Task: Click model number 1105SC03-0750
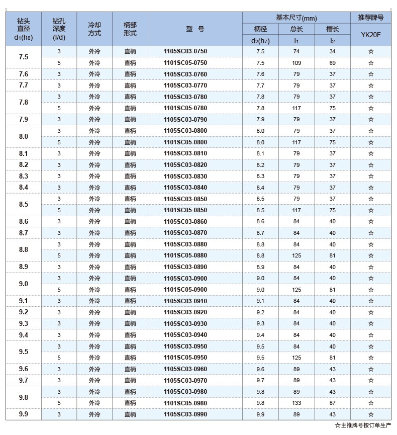[185, 51]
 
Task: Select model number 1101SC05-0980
[185, 403]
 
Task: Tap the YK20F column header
[370, 35]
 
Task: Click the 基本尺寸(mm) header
[296, 18]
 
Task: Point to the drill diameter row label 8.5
[24, 205]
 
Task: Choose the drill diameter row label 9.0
[24, 284]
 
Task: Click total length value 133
[296, 403]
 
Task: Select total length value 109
[296, 63]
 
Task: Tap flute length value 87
[332, 403]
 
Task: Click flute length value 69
[332, 63]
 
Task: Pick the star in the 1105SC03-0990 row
[370, 414]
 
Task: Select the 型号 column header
[195, 29]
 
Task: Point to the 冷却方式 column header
[94, 29]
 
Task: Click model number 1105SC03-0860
[185, 221]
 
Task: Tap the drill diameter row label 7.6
[24, 74]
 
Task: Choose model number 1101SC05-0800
[185, 142]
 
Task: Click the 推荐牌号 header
[370, 18]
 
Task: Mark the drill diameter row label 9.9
[24, 414]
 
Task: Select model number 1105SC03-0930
[185, 323]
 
